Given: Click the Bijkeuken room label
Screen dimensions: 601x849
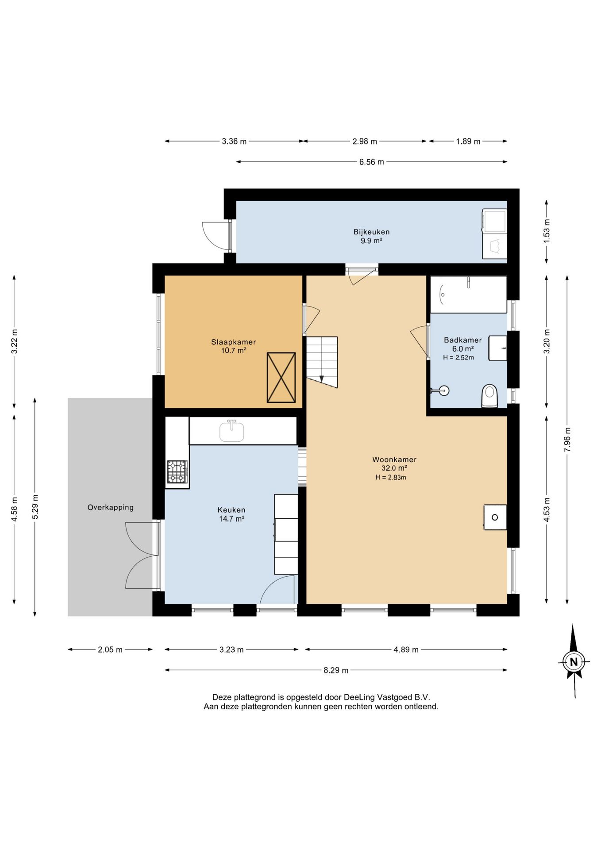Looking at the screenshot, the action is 371,232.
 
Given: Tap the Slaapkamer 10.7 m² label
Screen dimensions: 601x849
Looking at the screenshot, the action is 234,346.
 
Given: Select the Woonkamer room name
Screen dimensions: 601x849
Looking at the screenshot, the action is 394,459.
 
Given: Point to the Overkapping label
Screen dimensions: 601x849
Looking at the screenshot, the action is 110,508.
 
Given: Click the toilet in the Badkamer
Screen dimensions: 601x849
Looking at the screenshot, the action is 489,395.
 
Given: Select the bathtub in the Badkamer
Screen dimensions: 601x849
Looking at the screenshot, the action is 468,294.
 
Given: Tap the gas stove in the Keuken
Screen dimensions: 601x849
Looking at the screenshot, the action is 177,472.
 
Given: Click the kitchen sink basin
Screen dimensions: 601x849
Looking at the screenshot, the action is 231,431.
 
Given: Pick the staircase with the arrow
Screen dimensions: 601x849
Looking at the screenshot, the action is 322,362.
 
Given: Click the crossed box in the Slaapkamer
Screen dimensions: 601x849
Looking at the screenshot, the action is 281,377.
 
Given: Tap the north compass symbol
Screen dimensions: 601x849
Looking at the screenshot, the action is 574,662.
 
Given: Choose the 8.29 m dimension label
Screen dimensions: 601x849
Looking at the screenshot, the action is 336,670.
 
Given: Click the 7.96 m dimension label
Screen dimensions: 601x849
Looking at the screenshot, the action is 567,440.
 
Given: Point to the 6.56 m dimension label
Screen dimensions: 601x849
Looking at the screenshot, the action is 371,162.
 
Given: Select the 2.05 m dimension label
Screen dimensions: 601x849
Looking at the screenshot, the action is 110,650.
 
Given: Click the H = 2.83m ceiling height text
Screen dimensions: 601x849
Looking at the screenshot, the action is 391,478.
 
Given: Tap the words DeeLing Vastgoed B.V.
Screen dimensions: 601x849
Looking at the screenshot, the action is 387,697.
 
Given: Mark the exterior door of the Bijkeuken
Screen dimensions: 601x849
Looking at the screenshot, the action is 217,236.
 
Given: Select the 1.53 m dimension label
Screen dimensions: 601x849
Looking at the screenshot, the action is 547,231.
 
